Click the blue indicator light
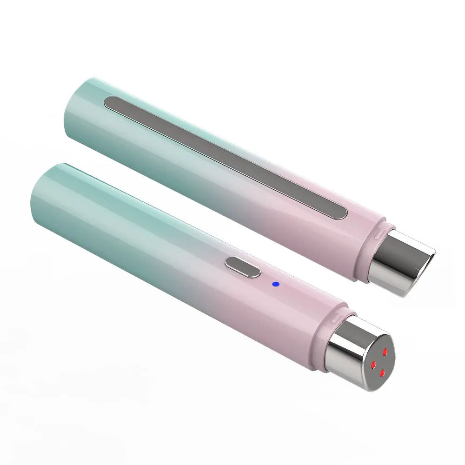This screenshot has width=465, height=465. [x=275, y=284]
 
